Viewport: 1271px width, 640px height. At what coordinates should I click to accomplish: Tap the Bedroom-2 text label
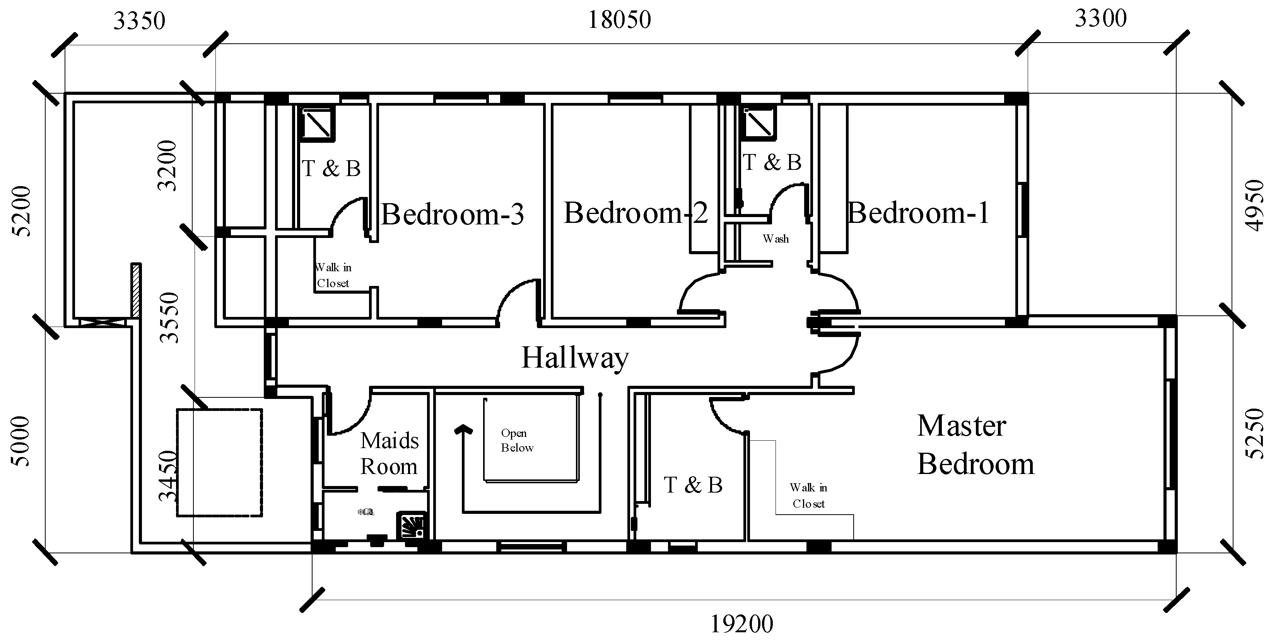635,213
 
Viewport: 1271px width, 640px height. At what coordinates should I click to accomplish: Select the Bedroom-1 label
918,213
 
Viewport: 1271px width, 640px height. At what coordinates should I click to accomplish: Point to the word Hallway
575,358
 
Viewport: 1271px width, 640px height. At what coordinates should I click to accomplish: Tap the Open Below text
517,440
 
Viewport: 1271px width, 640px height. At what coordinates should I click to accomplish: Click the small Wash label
776,239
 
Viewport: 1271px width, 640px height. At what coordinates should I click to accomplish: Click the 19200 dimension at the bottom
741,624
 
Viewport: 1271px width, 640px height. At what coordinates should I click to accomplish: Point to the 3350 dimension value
139,21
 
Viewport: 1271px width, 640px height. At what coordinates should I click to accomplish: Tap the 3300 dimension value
1100,19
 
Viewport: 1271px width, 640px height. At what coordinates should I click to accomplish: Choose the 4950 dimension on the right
1254,205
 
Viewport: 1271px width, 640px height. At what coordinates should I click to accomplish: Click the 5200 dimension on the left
22,211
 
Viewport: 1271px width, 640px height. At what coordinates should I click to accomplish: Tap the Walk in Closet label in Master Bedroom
808,495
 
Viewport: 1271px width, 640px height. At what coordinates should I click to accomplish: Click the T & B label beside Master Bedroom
693,485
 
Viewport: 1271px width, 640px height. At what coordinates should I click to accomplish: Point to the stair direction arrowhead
463,429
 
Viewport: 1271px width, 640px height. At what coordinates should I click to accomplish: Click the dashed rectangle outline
262,462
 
